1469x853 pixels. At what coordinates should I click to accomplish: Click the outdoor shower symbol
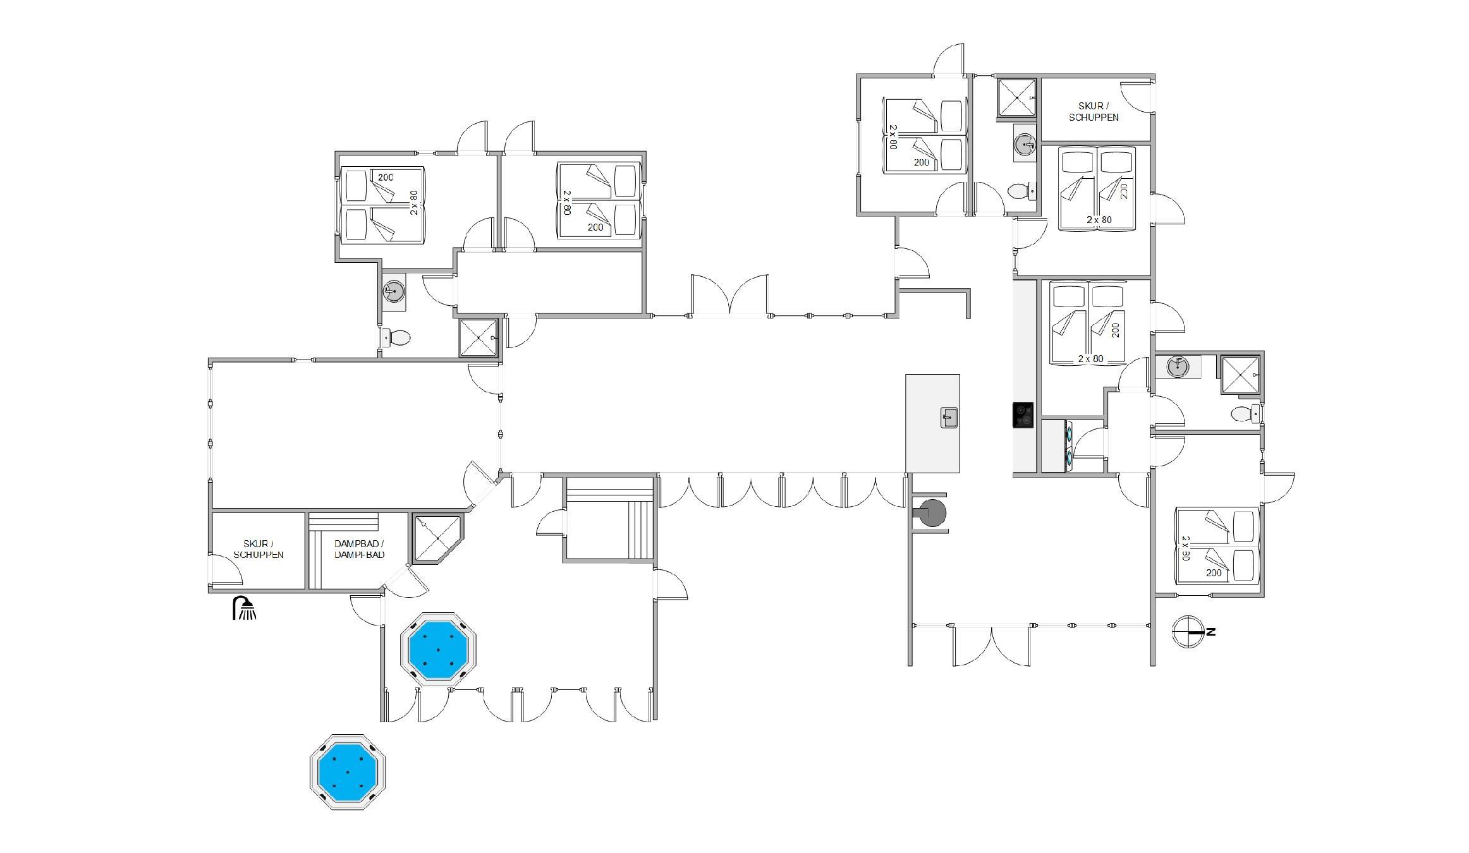click(x=245, y=608)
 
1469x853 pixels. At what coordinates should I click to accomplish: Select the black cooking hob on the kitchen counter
click(x=1023, y=415)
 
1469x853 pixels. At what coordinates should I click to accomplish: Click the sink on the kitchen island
click(x=949, y=417)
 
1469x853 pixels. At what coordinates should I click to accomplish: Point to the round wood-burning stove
click(x=932, y=512)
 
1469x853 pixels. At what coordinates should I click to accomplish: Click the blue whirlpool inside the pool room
click(x=438, y=649)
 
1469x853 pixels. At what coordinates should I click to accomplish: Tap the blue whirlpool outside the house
click(x=348, y=771)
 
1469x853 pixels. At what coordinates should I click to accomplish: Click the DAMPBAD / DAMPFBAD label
click(x=359, y=549)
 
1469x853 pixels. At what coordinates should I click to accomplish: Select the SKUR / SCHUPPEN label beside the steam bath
click(x=259, y=549)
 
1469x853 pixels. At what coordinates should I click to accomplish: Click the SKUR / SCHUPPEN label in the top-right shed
click(x=1094, y=112)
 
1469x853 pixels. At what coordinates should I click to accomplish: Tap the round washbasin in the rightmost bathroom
click(x=1178, y=366)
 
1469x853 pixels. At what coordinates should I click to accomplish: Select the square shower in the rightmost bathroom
click(x=1240, y=376)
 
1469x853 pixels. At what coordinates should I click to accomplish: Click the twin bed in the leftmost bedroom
click(x=382, y=205)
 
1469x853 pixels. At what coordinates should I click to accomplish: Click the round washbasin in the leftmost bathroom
click(x=394, y=291)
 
